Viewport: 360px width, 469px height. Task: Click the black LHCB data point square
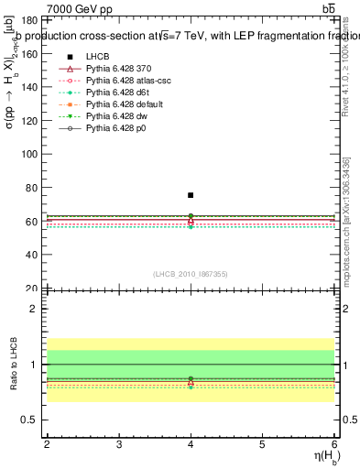coord(191,195)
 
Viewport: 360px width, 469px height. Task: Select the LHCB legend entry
coord(98,56)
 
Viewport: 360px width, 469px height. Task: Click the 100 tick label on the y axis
coord(27,154)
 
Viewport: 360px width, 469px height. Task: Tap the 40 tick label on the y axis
coord(29,255)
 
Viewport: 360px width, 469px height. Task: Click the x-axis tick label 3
coord(119,444)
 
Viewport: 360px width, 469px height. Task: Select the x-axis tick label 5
coord(262,444)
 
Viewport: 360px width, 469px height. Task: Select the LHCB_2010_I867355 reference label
coord(191,275)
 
